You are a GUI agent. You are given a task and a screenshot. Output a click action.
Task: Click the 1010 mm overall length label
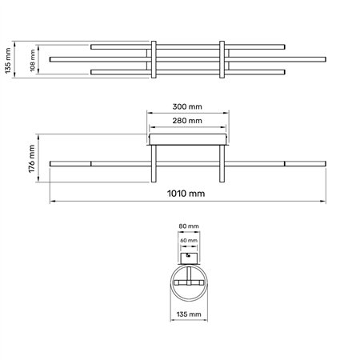[188, 193]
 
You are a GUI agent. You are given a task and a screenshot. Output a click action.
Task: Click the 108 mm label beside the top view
[33, 58]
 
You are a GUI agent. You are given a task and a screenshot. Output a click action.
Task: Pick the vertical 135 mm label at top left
[8, 58]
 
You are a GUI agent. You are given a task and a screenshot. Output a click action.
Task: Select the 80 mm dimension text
[188, 226]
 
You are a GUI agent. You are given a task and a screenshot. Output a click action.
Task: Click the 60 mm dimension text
[188, 239]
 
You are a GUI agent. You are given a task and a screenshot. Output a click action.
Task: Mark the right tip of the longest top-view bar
[324, 59]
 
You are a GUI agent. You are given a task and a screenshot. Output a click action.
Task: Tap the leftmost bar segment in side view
[70, 163]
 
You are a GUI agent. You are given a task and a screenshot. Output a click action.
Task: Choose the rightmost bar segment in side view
[305, 163]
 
